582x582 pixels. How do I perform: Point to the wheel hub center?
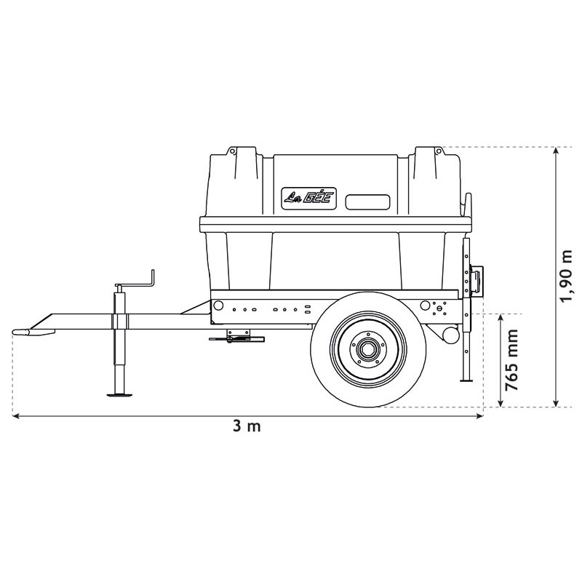(x=368, y=350)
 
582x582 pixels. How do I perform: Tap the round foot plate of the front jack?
(x=121, y=395)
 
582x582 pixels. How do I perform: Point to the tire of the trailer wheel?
(x=323, y=364)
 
